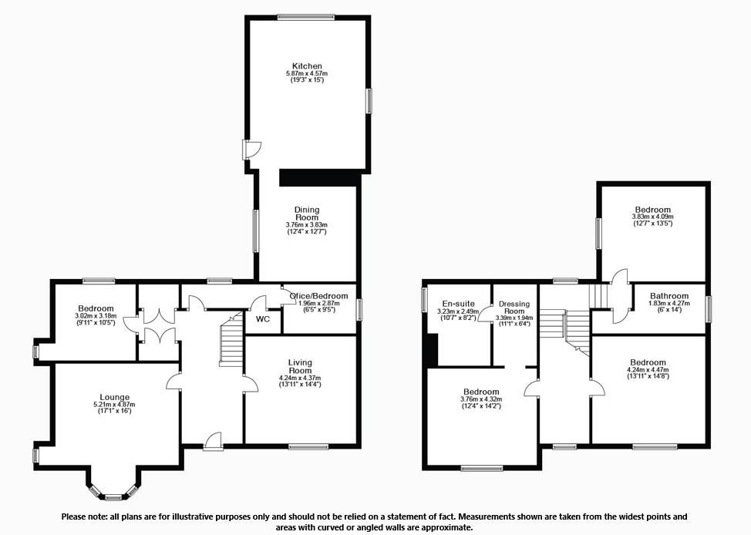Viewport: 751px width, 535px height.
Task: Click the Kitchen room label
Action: click(306, 66)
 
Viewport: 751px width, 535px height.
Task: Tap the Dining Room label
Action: click(306, 214)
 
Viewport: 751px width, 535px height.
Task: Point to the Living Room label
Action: click(300, 366)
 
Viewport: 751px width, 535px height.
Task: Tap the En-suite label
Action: click(458, 304)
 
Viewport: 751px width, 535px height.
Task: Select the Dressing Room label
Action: click(514, 308)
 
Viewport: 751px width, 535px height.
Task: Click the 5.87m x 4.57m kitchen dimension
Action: click(306, 74)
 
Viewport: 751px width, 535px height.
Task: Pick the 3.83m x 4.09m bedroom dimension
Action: click(652, 217)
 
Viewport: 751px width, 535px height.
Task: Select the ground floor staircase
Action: click(231, 343)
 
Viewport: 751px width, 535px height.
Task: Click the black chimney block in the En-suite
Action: click(433, 351)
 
